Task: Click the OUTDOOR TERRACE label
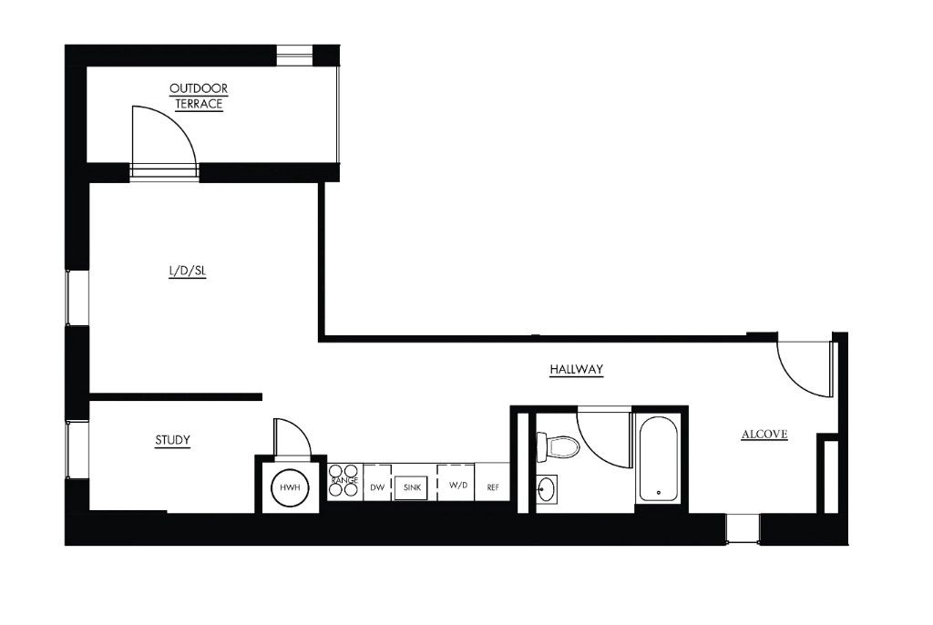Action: point(199,96)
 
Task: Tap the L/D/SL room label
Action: point(188,271)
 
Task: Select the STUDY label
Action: point(172,440)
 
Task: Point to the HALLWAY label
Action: point(577,369)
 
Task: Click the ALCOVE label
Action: point(764,435)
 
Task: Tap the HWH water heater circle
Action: point(290,487)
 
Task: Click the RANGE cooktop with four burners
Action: point(344,480)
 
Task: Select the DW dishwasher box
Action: point(376,487)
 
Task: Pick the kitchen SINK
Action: point(410,487)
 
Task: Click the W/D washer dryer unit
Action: point(457,485)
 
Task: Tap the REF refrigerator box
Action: point(493,487)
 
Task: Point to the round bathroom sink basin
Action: point(546,489)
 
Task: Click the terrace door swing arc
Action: point(164,137)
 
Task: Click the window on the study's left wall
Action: point(77,448)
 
